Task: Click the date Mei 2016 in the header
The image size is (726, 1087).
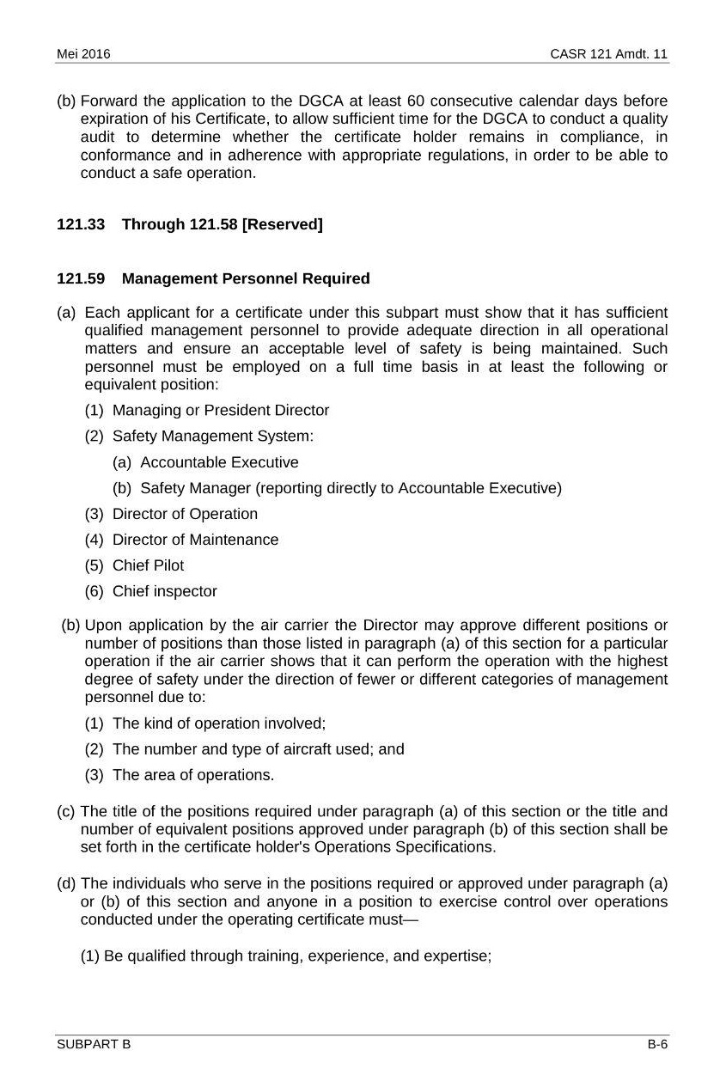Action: [x=83, y=54]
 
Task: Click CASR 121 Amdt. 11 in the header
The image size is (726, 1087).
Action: [x=609, y=54]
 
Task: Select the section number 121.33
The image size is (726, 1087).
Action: [x=81, y=224]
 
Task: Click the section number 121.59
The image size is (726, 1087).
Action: [x=81, y=278]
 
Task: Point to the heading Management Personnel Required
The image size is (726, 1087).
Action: [x=246, y=278]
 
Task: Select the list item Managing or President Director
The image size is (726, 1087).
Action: [x=221, y=410]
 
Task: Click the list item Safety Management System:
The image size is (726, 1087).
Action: [x=213, y=436]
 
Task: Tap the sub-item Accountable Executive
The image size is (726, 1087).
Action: [x=219, y=462]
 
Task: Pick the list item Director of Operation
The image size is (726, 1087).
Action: [x=185, y=514]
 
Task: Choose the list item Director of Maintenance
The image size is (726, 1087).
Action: [x=195, y=540]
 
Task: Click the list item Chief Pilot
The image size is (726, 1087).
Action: [x=148, y=565]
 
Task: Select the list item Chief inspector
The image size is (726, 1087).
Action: [x=165, y=591]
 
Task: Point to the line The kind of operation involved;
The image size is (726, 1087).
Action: [x=219, y=723]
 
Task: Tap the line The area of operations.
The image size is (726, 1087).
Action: [x=193, y=774]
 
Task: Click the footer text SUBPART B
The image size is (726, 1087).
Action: [x=94, y=1044]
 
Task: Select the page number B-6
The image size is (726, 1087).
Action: [x=657, y=1044]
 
